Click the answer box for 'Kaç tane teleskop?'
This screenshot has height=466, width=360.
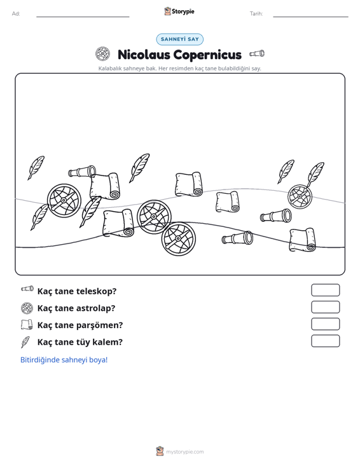325,290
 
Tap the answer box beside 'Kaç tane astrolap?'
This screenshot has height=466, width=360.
325,307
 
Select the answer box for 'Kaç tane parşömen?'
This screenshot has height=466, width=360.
325,324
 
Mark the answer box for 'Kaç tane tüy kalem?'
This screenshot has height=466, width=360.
325,341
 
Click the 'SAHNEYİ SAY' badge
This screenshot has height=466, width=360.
180,39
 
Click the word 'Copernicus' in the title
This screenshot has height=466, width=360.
207,55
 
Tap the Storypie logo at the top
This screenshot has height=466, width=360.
179,11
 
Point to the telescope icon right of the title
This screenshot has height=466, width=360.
257,53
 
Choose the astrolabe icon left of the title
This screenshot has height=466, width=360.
102,54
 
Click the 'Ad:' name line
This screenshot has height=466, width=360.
83,17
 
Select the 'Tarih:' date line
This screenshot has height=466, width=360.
310,17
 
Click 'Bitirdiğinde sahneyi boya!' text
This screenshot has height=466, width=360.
64,360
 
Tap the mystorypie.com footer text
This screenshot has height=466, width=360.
185,452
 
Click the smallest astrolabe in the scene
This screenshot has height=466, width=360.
300,196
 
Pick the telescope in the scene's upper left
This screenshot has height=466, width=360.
82,172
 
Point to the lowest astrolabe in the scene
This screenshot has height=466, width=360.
178,238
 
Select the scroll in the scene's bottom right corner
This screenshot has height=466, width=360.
303,240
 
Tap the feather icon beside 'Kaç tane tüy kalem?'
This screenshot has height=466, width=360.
25,342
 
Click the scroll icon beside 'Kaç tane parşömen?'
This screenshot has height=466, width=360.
27,325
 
